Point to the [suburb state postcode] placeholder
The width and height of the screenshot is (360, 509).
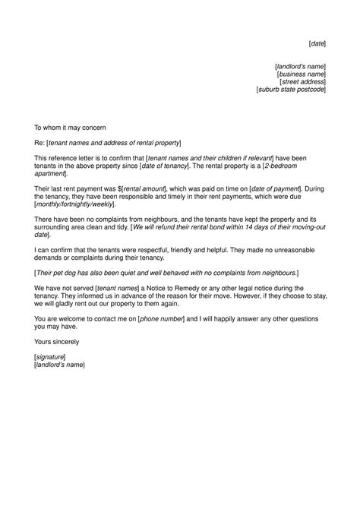292,90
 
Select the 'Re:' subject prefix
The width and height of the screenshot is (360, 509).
39,143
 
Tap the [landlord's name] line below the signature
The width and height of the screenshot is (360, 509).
59,365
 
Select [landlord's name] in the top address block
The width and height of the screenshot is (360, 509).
300,67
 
